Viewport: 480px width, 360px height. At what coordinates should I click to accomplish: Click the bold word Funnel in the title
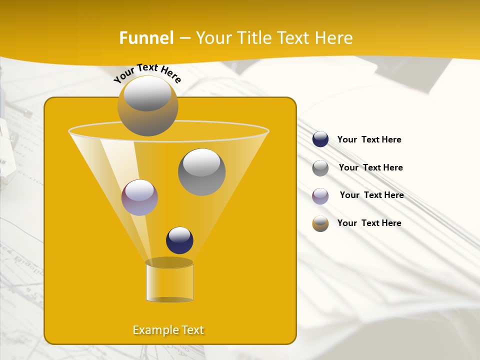(146, 38)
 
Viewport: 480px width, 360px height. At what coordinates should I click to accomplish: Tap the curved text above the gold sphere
(147, 73)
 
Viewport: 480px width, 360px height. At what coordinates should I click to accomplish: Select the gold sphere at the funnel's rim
(147, 106)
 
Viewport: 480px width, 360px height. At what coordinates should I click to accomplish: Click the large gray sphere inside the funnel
(201, 172)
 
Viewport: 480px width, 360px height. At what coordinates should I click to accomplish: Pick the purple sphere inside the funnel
(139, 197)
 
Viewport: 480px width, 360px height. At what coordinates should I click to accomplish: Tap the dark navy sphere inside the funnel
(179, 240)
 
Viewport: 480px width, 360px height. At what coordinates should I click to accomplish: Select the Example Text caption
(168, 330)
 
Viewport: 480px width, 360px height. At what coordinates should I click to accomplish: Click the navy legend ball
(320, 139)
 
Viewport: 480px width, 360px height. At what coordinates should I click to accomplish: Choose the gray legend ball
(320, 167)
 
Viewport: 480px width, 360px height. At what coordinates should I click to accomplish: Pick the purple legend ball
(320, 195)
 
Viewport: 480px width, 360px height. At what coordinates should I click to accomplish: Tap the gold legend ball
(320, 223)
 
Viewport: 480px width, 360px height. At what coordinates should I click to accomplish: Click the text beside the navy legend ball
(369, 139)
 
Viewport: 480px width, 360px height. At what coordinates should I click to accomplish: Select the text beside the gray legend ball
(370, 167)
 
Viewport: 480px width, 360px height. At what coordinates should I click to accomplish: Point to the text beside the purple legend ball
(371, 195)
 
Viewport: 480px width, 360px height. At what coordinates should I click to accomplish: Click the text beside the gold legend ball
(369, 223)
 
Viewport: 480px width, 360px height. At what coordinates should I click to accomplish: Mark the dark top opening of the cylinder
(169, 262)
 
